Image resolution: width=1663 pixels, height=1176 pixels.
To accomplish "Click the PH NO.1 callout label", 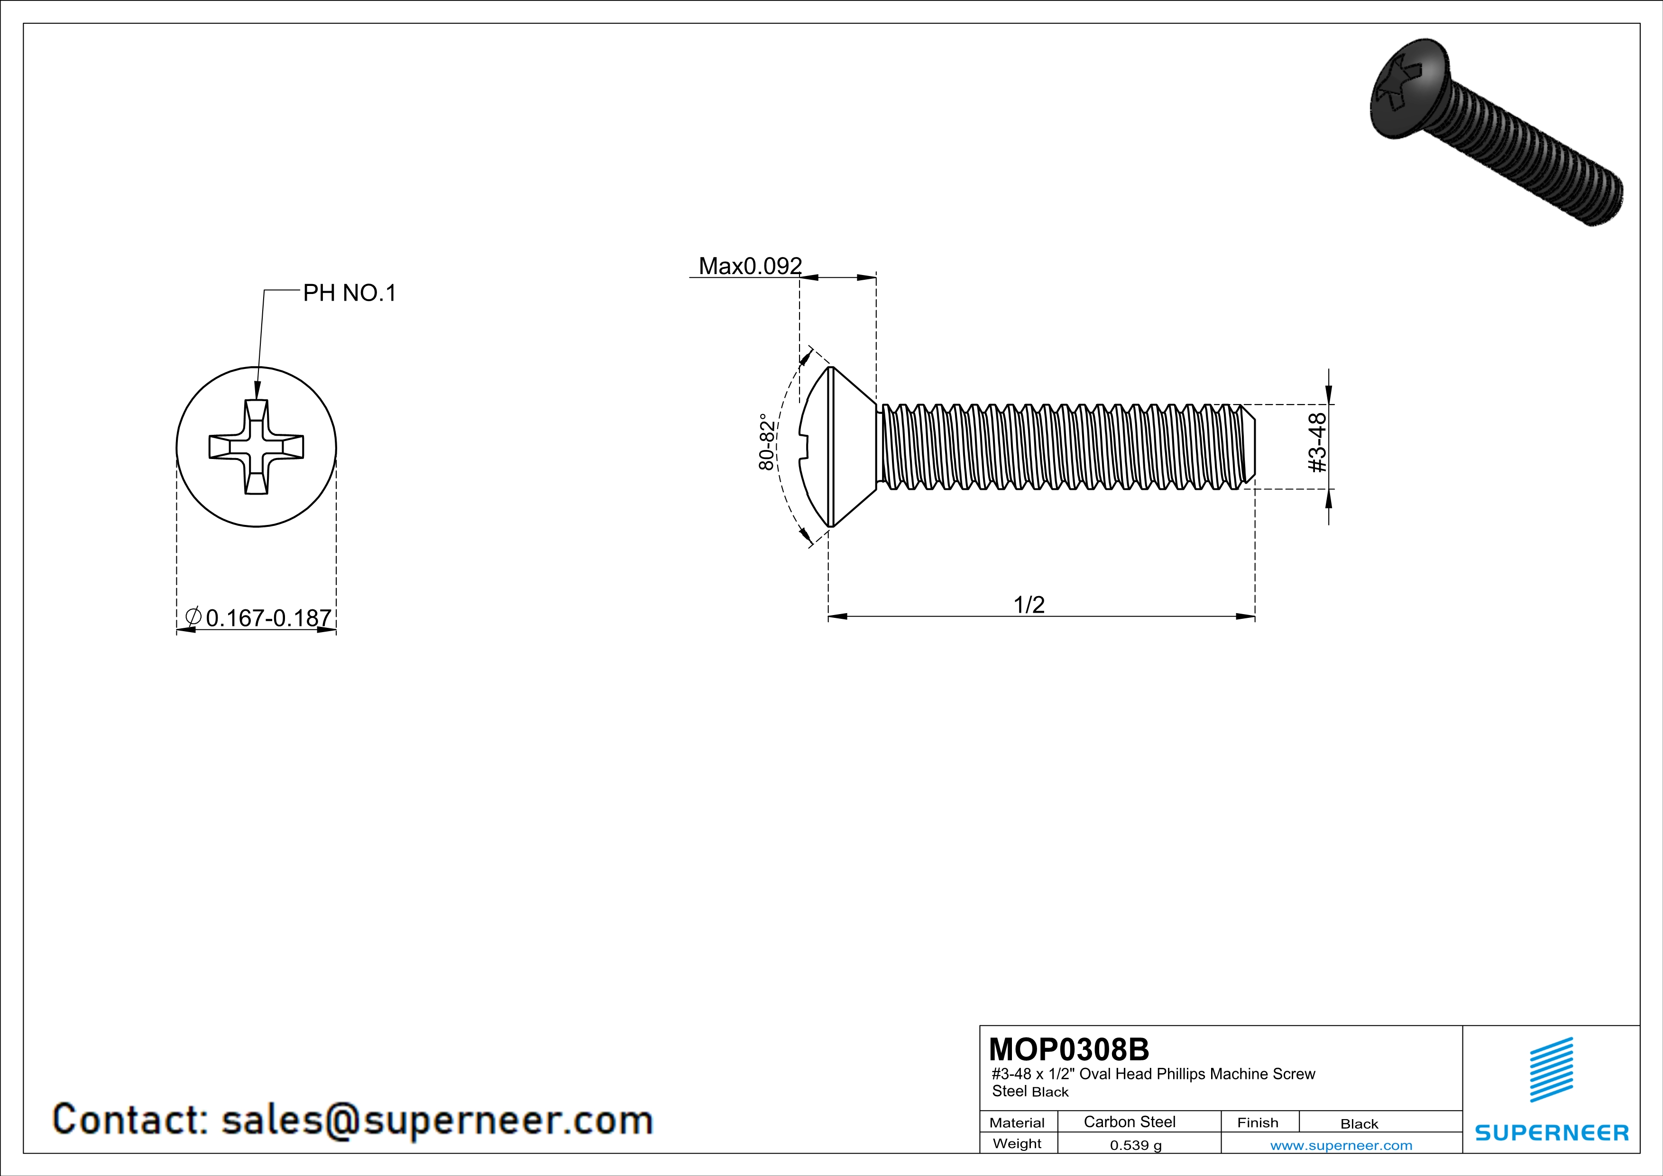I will tap(349, 293).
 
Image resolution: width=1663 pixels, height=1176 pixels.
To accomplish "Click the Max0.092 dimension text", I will tap(750, 266).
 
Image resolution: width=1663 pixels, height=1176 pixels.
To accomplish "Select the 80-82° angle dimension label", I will tap(766, 442).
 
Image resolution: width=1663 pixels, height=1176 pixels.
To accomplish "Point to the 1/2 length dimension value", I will tap(1029, 604).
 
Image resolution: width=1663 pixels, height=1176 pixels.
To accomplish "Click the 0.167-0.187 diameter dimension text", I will tap(268, 618).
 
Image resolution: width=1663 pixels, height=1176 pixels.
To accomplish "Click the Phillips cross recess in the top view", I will tap(257, 447).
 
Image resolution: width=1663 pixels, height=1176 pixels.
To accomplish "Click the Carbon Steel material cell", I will tap(1129, 1121).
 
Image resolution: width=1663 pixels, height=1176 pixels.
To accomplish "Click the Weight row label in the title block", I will tap(1017, 1143).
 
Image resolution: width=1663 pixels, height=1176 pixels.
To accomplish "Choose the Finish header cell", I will tap(1258, 1122).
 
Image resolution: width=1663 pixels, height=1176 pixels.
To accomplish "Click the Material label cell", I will tap(1017, 1122).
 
